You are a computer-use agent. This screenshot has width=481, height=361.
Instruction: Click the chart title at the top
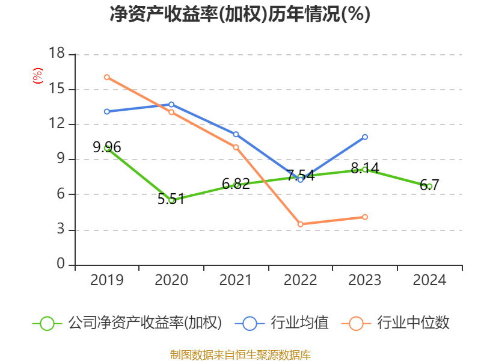pos(240,14)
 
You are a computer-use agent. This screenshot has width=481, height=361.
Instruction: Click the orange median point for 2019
pos(107,77)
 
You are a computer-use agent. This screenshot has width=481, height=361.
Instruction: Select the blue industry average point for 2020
pos(171,104)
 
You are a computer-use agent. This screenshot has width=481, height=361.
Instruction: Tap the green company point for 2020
pos(171,200)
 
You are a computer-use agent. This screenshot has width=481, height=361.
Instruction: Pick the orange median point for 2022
pos(300,224)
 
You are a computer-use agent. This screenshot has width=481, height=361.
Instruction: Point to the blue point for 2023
pos(365,137)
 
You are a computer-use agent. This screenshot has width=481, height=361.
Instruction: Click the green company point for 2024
pos(429,186)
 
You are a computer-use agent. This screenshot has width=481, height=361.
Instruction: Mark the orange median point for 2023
pos(365,217)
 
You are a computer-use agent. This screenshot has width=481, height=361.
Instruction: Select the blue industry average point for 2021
pos(236,134)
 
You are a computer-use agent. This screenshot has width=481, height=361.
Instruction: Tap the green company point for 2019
pos(107,147)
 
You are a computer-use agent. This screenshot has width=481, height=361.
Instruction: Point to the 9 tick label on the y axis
pos(60,159)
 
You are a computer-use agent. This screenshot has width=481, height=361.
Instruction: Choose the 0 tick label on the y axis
pos(60,265)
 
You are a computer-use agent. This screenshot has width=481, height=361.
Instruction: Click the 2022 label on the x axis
pos(300,280)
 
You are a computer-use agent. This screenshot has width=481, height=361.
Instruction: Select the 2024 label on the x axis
pos(429,280)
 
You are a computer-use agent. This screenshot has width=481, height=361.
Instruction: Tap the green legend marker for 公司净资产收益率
pos(47,323)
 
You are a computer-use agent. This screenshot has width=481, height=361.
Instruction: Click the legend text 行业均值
pos(299,323)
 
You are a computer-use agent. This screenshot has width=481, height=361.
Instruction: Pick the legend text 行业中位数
pos(413,323)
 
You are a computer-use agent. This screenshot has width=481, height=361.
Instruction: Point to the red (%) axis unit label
pos(38,76)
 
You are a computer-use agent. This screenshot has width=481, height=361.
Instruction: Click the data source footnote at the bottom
pos(240,354)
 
